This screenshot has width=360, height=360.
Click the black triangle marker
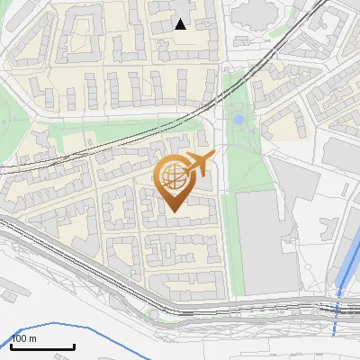tap(181, 24)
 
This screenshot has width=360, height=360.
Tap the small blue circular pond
tap(238, 119)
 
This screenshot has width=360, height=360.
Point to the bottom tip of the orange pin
tap(173, 211)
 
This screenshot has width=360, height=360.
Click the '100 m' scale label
tap(25, 338)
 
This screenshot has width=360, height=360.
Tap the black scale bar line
tap(42, 346)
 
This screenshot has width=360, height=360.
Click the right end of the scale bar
tap(74, 346)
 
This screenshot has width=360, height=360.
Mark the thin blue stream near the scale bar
tap(99, 331)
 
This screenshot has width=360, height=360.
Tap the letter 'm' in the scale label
tap(34, 338)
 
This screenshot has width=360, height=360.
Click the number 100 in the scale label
tap(20, 338)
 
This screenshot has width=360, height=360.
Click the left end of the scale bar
tap(11, 346)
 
